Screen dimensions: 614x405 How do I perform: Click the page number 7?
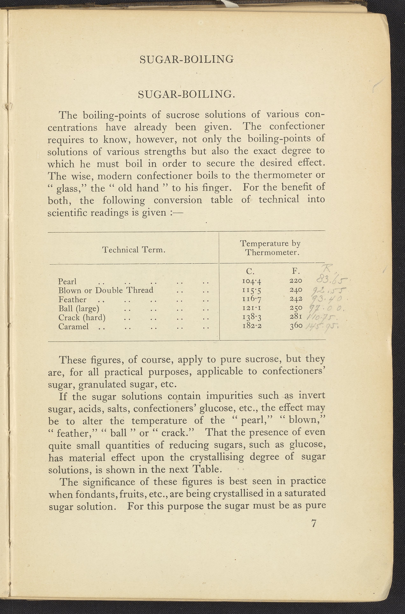click(x=314, y=523)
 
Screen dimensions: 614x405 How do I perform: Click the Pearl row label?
click(x=67, y=281)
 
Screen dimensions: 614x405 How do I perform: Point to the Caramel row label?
click(x=74, y=327)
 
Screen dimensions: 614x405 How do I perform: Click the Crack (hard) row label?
click(x=82, y=317)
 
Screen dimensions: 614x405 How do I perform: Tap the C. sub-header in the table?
click(x=250, y=271)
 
